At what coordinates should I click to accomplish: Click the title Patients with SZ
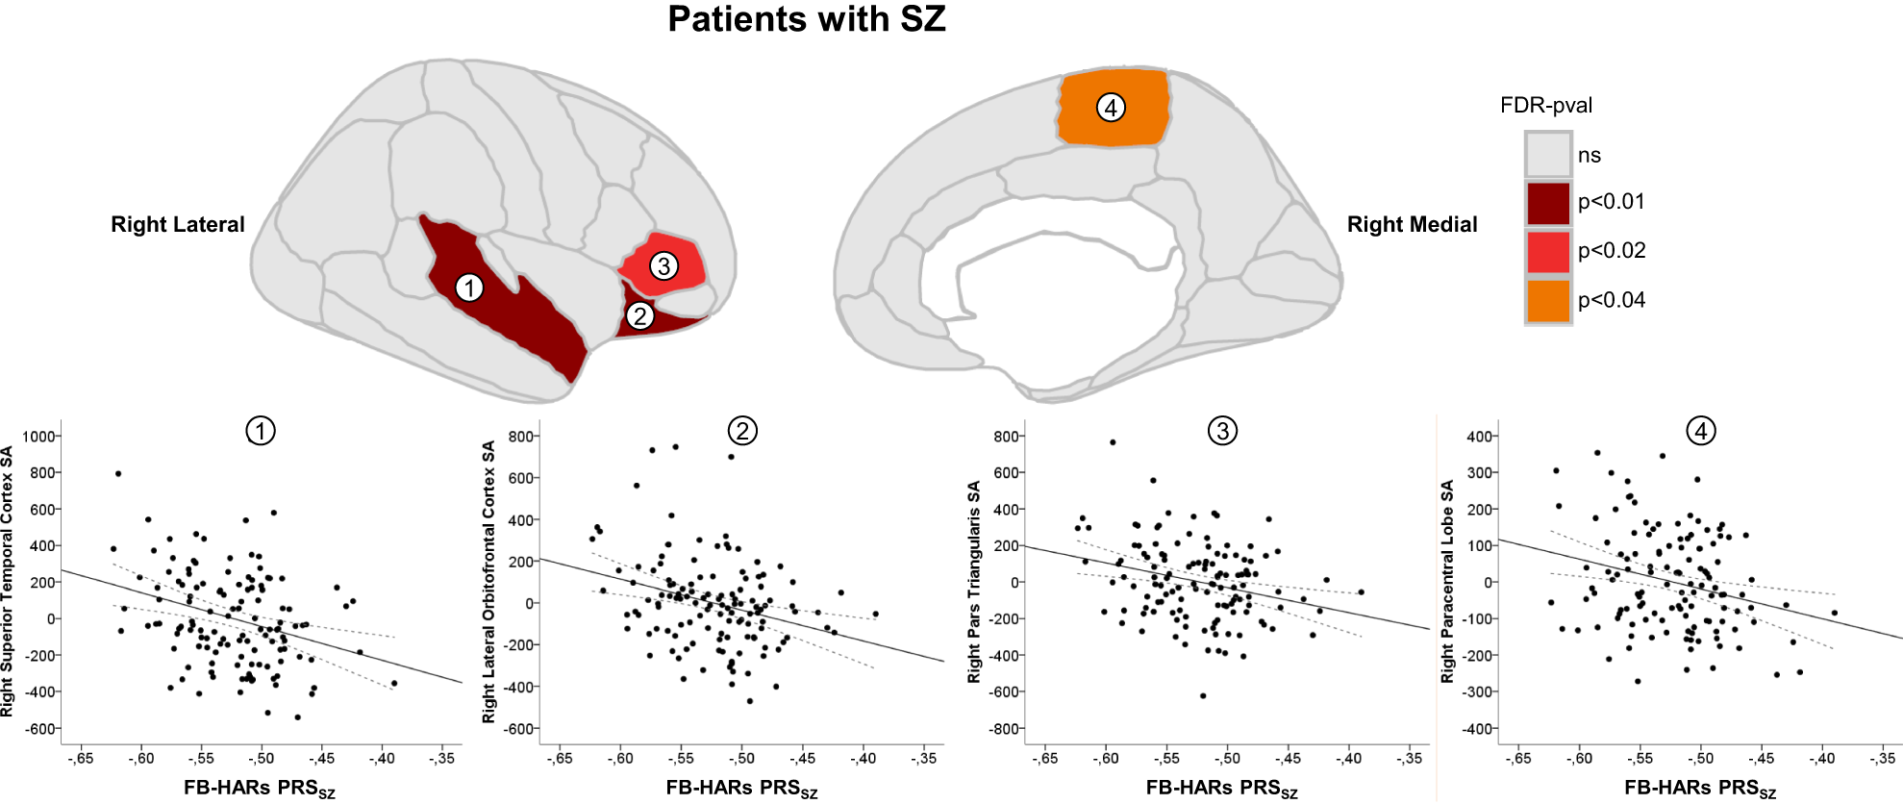coord(806,20)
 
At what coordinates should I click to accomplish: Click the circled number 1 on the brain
coord(469,288)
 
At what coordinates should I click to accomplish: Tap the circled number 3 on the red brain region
coord(664,265)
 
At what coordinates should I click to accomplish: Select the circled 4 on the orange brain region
coord(1111,107)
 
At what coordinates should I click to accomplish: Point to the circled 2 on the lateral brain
coord(639,315)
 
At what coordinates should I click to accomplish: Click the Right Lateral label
coord(178,225)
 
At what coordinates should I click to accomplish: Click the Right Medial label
coord(1411,225)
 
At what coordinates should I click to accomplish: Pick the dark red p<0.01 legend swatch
coord(1547,203)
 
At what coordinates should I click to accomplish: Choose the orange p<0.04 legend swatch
coord(1547,301)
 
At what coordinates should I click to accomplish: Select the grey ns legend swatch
coord(1547,155)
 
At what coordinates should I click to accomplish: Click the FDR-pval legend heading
coord(1545,106)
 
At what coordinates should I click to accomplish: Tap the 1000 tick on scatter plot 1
coord(38,437)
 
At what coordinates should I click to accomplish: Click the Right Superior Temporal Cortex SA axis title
coord(9,581)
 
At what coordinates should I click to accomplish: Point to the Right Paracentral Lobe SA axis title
coord(1447,581)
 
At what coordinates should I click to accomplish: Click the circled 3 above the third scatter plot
coord(1222,431)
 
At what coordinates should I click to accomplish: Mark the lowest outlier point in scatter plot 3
coord(1203,695)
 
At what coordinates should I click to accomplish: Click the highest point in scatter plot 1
coord(118,473)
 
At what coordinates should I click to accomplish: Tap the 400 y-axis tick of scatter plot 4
coord(1479,437)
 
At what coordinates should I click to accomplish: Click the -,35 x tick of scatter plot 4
coord(1882,759)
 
